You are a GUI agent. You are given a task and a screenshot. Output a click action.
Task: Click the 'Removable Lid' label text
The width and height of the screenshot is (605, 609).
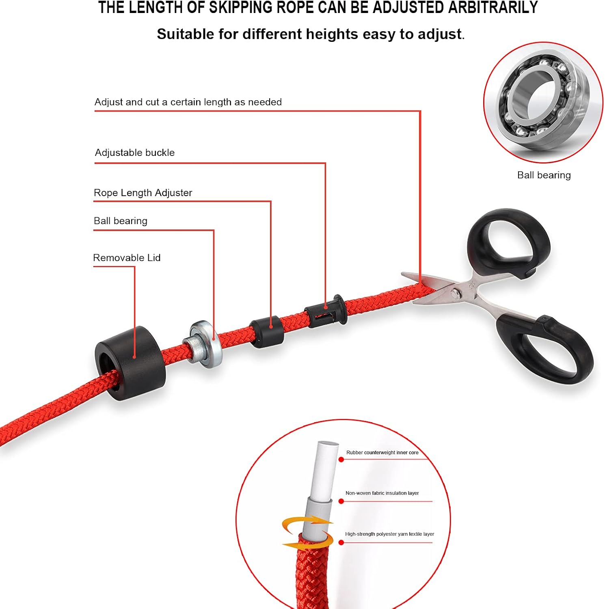(x=127, y=258)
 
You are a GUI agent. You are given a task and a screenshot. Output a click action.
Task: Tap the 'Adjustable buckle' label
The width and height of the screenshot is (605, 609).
(x=135, y=153)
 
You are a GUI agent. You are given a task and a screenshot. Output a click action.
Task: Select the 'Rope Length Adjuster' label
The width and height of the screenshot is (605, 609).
(x=143, y=193)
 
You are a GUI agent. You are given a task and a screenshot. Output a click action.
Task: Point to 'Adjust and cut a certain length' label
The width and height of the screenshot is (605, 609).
(x=188, y=102)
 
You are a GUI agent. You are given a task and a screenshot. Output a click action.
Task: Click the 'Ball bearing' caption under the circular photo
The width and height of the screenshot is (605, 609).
(x=544, y=175)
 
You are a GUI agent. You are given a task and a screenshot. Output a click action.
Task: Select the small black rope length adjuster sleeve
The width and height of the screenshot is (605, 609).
(x=266, y=332)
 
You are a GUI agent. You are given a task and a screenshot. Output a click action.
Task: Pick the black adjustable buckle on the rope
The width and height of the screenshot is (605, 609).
(x=326, y=311)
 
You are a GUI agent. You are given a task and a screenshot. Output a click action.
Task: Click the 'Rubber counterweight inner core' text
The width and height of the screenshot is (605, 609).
(x=382, y=452)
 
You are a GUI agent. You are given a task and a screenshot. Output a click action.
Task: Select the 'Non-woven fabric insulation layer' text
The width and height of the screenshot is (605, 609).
(x=382, y=493)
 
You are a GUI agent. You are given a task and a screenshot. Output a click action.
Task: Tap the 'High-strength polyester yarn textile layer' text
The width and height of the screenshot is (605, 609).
(x=390, y=534)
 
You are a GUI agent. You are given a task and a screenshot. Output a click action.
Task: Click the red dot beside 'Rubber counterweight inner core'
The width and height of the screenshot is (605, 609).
(x=341, y=460)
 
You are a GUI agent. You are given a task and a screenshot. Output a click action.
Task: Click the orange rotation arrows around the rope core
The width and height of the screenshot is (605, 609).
(x=308, y=532)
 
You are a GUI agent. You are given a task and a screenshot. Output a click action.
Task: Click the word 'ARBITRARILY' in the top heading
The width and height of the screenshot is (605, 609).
(x=493, y=8)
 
